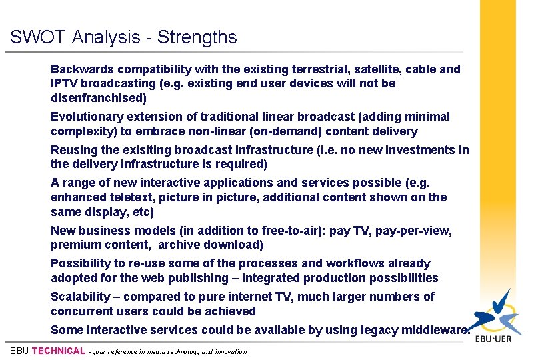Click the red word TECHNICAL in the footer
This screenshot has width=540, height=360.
click(59, 351)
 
